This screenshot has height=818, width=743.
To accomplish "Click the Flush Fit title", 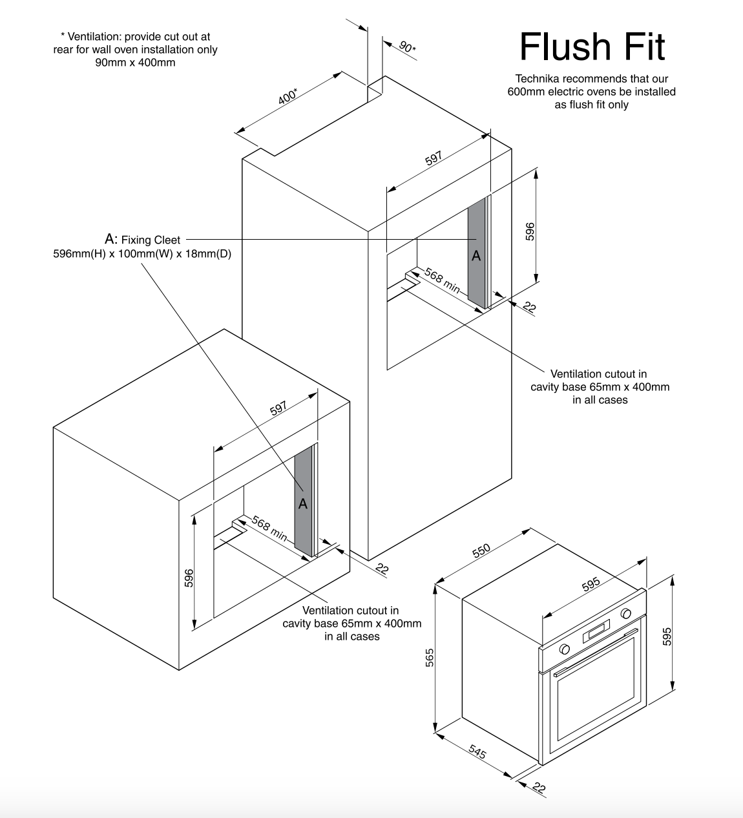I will [592, 47].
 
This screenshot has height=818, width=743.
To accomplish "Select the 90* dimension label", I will [407, 47].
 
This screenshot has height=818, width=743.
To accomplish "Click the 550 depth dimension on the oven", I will [481, 551].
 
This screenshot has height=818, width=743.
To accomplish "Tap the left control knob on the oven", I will [565, 649].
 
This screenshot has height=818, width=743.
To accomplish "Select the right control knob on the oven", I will [625, 614].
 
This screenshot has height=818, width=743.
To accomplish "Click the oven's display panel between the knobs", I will [596, 630].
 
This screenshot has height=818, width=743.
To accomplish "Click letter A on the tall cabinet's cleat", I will [476, 256].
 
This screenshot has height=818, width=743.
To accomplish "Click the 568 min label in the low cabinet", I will [269, 529].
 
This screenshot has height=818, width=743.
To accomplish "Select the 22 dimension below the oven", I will [539, 788].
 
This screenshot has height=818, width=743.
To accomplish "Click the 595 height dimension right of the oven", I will [667, 636].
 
